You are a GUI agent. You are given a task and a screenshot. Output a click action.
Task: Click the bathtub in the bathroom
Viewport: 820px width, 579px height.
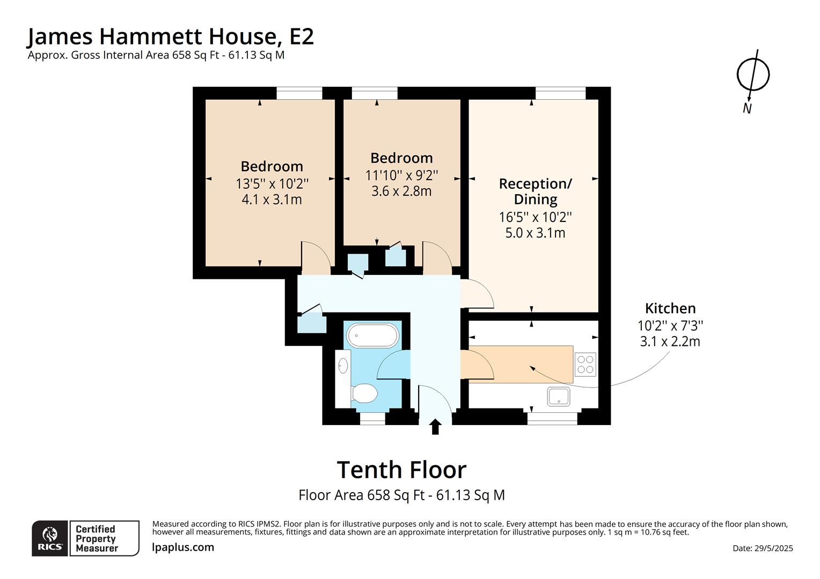pyautogui.click(x=372, y=335)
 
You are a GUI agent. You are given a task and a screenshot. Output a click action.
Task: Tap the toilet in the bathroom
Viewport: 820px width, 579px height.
pyautogui.click(x=364, y=394)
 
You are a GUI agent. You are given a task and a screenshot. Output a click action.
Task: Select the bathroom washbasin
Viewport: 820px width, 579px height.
pyautogui.click(x=343, y=366)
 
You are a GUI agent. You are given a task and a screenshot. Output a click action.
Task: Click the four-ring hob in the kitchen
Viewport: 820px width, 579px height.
pyautogui.click(x=585, y=365)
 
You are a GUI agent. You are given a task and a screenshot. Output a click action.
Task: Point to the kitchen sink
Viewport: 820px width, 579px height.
pyautogui.click(x=558, y=397)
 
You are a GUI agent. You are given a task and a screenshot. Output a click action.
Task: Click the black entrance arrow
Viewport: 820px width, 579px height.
pyautogui.click(x=435, y=427)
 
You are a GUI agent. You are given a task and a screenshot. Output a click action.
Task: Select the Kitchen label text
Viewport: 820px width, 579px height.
pyautogui.click(x=670, y=308)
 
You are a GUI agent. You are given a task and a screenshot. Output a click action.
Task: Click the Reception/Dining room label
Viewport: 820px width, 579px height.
pyautogui.click(x=535, y=191)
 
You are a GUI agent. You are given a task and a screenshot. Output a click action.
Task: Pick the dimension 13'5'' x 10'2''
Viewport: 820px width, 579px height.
pyautogui.click(x=272, y=183)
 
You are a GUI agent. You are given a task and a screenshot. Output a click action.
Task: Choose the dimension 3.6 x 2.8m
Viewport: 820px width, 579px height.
pyautogui.click(x=401, y=191)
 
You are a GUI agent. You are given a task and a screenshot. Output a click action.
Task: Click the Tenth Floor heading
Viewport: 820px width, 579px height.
pyautogui.click(x=401, y=470)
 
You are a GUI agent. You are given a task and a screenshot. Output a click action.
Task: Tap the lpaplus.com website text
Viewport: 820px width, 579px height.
pyautogui.click(x=182, y=547)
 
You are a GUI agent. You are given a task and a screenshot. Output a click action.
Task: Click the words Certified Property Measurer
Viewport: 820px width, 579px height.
pyautogui.click(x=97, y=538)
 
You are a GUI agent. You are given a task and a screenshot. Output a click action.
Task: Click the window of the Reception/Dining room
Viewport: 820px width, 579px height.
pyautogui.click(x=560, y=93)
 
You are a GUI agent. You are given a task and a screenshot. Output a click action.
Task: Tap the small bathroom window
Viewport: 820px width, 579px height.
pyautogui.click(x=372, y=419)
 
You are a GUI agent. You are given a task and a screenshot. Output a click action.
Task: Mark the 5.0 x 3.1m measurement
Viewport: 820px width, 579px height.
pyautogui.click(x=535, y=233)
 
